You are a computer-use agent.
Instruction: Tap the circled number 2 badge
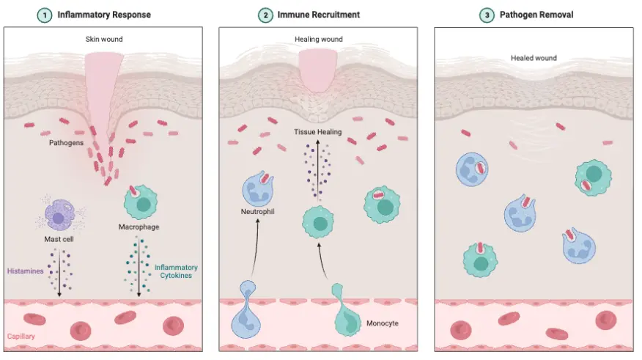263,15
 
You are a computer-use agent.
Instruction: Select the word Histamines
25,271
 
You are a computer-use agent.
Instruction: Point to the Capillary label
22,337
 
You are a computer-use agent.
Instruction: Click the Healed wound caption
534,58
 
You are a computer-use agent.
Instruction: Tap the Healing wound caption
318,39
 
